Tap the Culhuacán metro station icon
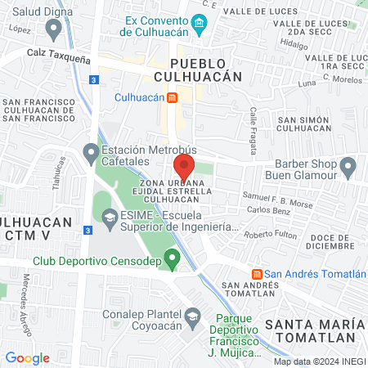coord(172,97)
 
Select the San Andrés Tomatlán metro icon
coord(257,274)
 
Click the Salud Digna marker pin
coord(55,30)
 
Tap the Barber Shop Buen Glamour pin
coord(349,168)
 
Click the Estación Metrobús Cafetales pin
coord(91,153)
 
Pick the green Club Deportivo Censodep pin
coord(172,260)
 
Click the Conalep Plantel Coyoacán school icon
coord(192,316)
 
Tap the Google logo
coord(27,357)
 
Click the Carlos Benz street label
coord(269,210)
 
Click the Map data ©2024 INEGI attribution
coord(320,361)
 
